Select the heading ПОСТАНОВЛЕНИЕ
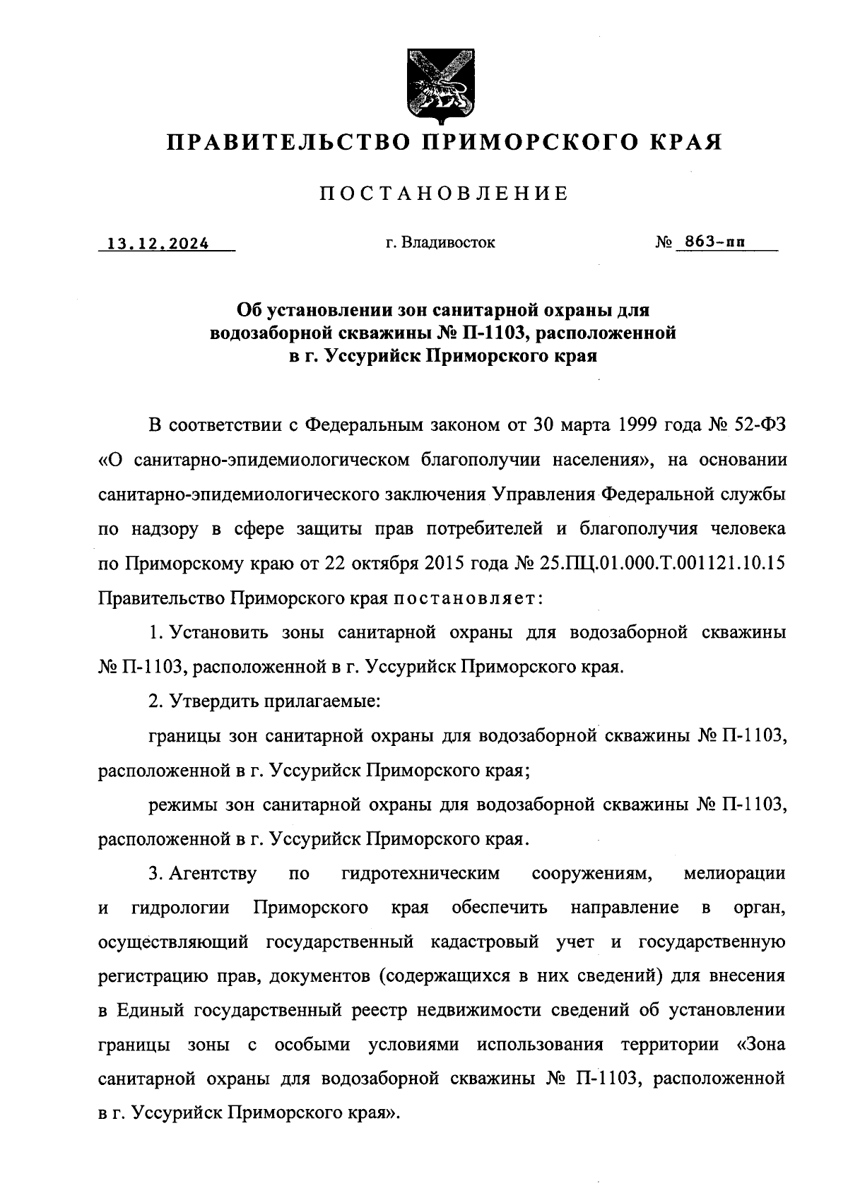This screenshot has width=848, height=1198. (444, 194)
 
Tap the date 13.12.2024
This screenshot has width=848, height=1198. (158, 244)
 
